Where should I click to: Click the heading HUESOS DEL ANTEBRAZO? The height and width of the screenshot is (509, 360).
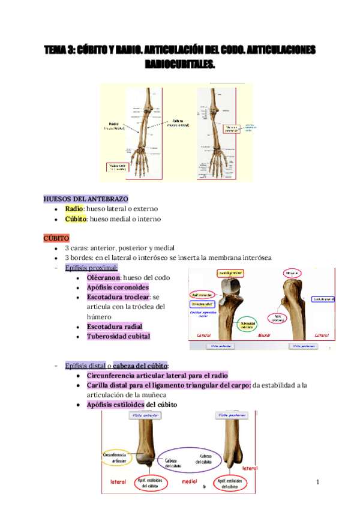[86, 199]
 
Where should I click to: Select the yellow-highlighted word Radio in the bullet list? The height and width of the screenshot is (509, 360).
[74, 209]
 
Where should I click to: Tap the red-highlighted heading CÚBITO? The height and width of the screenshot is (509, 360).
[56, 238]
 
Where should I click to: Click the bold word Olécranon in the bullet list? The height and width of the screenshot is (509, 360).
[104, 278]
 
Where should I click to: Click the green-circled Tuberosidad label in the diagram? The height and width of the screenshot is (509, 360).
[246, 325]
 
